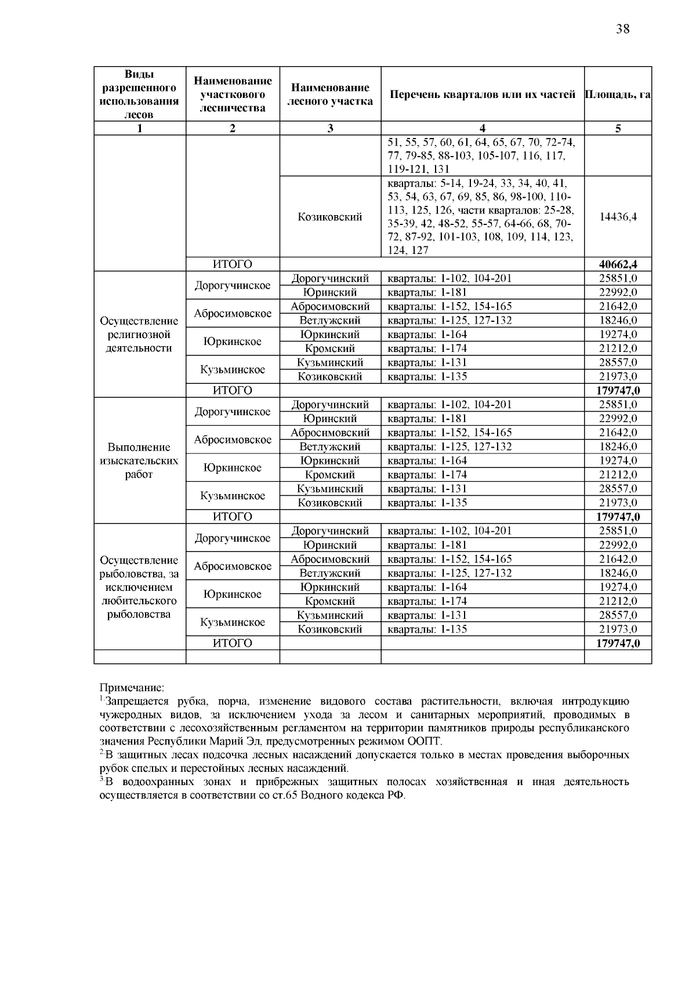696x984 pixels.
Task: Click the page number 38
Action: (622, 29)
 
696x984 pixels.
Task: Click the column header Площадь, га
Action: (618, 95)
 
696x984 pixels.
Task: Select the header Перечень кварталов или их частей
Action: (482, 95)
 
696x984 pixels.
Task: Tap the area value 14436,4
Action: (618, 217)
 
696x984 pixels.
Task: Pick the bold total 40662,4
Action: (618, 264)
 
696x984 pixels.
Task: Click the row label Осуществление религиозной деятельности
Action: (139, 335)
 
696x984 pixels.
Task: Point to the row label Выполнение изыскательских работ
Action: (139, 461)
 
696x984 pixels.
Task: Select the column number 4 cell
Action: (482, 129)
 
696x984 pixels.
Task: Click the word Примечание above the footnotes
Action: (132, 688)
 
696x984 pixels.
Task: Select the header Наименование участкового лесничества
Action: (232, 95)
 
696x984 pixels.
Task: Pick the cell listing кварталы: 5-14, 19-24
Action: (482, 217)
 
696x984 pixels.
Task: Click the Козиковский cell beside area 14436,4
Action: (330, 217)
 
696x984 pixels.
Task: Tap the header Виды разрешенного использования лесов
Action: (139, 95)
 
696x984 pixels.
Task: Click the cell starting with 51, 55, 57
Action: (482, 156)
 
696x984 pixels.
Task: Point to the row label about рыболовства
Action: (139, 587)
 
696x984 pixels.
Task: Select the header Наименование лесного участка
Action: (330, 95)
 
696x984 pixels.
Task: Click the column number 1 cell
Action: (139, 129)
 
